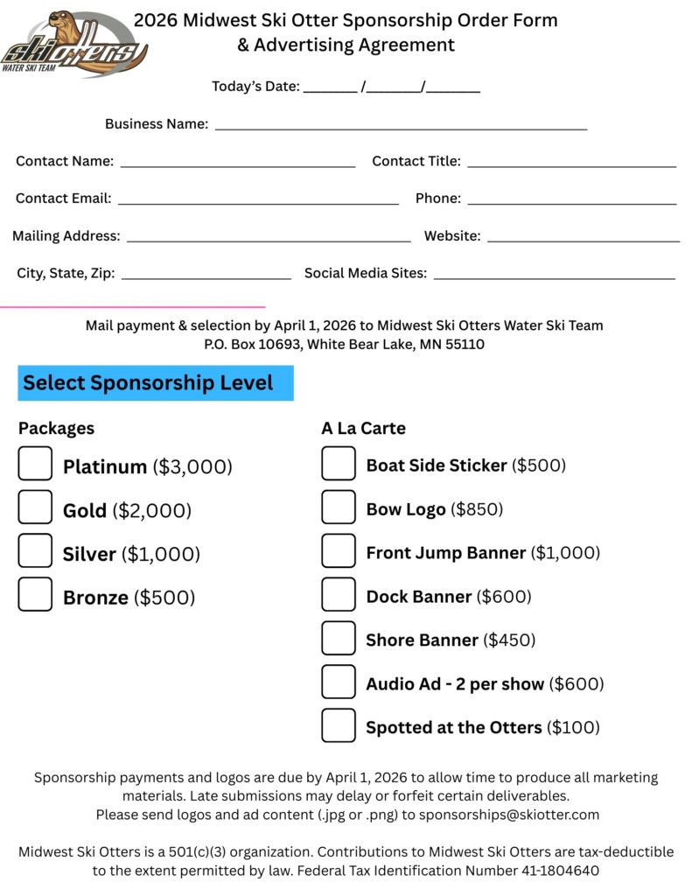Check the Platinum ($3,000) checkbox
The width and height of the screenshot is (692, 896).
(x=35, y=464)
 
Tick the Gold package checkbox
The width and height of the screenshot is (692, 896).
(x=35, y=507)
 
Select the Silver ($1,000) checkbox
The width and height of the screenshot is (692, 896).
(x=35, y=551)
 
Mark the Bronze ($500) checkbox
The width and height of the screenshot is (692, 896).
(x=35, y=595)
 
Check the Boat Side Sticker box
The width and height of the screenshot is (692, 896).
(x=339, y=464)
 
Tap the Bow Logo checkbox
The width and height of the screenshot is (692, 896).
(x=339, y=507)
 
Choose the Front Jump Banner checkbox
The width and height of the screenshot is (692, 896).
(x=339, y=551)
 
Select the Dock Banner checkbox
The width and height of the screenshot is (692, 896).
(x=339, y=595)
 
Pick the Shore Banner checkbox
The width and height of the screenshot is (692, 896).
(x=339, y=639)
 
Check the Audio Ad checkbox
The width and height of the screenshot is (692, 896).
(x=339, y=682)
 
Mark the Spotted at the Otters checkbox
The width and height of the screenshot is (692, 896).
(x=339, y=726)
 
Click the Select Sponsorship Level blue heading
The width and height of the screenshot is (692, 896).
(x=156, y=383)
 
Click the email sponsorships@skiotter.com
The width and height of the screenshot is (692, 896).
(x=509, y=815)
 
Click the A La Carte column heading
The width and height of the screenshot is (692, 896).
(x=363, y=429)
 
